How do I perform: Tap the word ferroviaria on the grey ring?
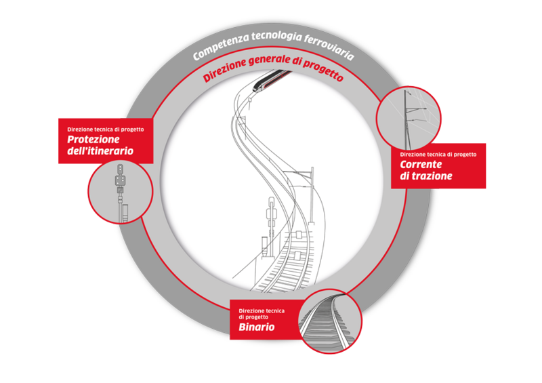(x=329, y=48)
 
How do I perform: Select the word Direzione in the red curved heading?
(x=224, y=70)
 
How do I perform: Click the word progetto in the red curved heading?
(x=323, y=70)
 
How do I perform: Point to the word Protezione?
(x=93, y=140)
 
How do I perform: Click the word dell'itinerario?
(x=100, y=151)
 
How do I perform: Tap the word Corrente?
(x=421, y=164)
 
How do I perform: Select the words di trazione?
(x=426, y=176)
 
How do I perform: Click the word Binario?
(x=257, y=327)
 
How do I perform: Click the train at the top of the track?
(x=272, y=80)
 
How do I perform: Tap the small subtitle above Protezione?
(x=106, y=129)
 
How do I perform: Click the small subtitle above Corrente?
(x=438, y=155)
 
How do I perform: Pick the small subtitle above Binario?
(x=262, y=314)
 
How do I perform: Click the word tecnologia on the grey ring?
(x=277, y=37)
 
